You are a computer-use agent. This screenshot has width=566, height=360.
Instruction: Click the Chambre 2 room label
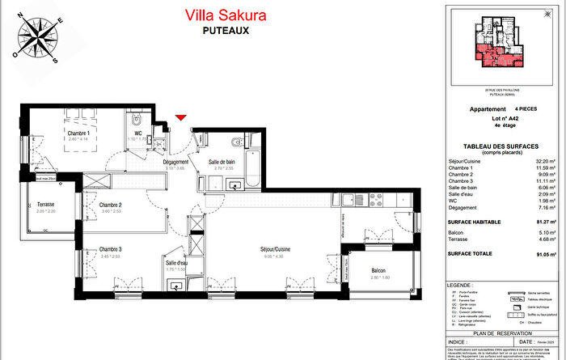110,205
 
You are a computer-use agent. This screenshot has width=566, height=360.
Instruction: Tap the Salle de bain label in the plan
222,163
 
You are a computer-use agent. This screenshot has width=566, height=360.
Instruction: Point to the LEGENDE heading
463,286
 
